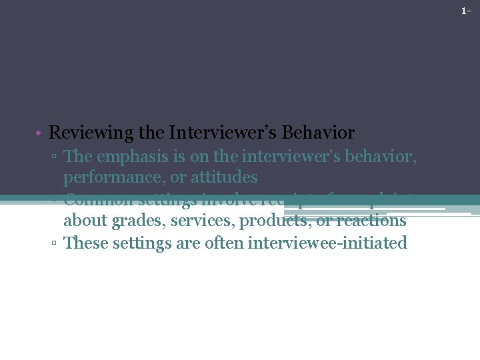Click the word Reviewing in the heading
pyautogui.click(x=92, y=133)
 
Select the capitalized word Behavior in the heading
pyautogui.click(x=319, y=133)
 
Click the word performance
pyautogui.click(x=108, y=178)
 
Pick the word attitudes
pyautogui.click(x=224, y=177)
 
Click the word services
pyautogui.click(x=195, y=221)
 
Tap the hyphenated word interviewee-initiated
pyautogui.click(x=327, y=243)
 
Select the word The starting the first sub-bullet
pyautogui.click(x=78, y=157)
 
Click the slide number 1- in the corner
pyautogui.click(x=466, y=11)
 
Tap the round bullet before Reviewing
pyautogui.click(x=40, y=133)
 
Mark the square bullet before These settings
pyautogui.click(x=55, y=243)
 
